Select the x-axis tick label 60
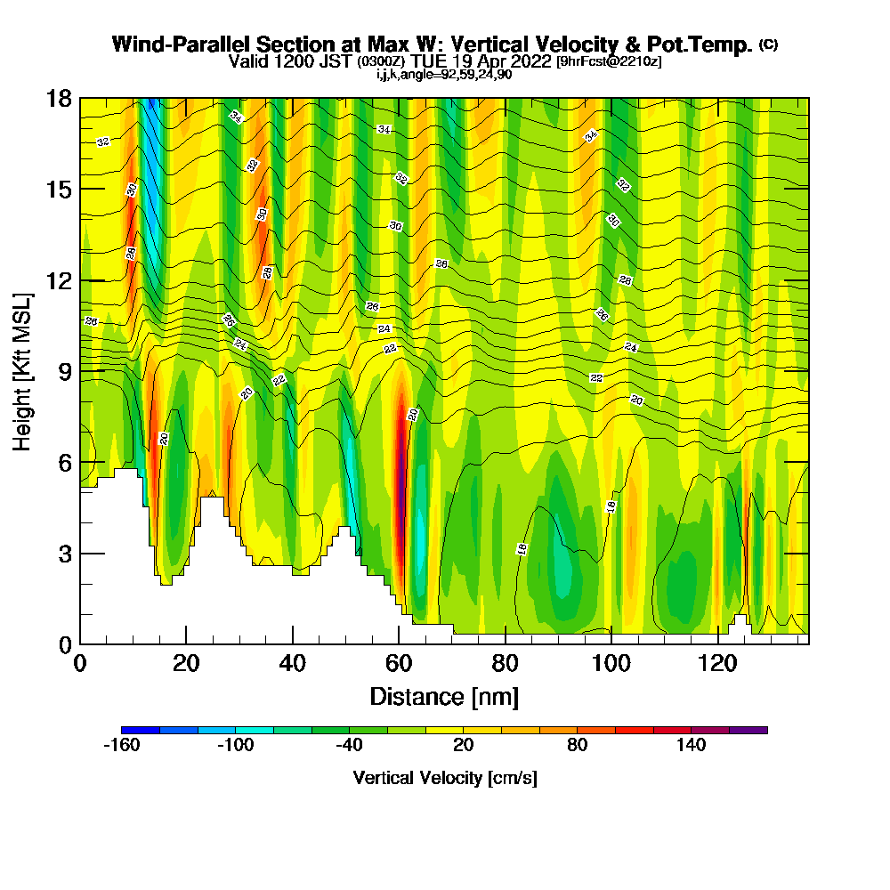[399, 664]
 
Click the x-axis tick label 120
[716, 664]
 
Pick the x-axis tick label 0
[80, 664]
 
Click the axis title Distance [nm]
[444, 696]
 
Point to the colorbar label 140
[691, 745]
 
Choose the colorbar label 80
[577, 745]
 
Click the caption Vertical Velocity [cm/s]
[444, 778]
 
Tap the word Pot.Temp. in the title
[708, 44]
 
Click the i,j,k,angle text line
[443, 74]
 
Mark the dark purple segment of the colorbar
[748, 730]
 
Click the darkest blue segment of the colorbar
[141, 730]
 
